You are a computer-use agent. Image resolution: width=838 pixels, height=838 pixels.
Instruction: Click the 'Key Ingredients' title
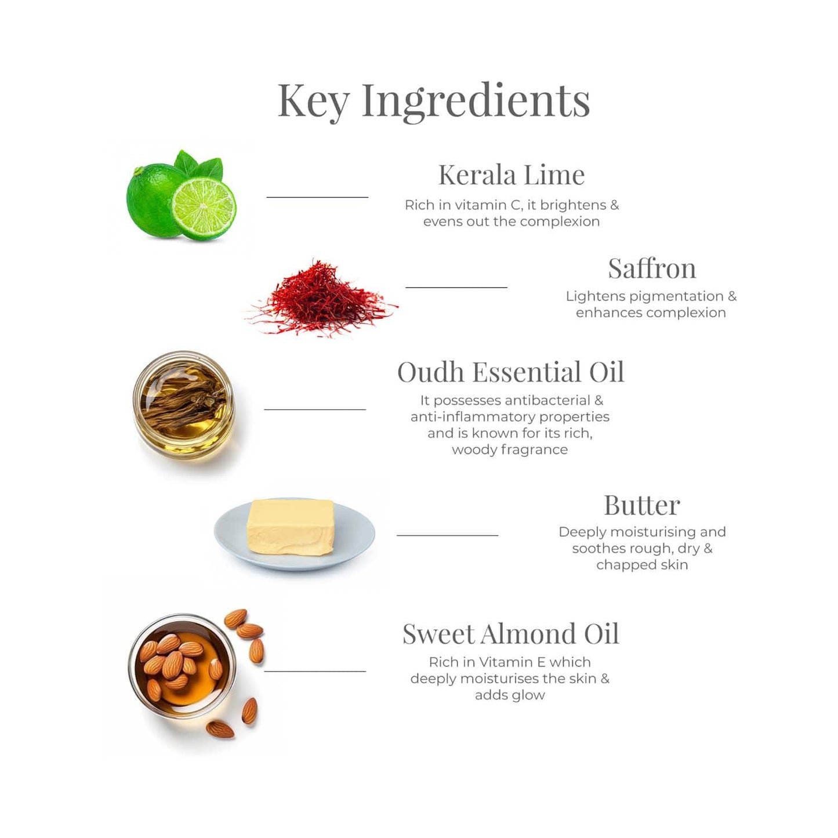pyautogui.click(x=434, y=101)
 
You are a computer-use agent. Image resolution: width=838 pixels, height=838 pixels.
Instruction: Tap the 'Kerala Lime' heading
pyautogui.click(x=511, y=175)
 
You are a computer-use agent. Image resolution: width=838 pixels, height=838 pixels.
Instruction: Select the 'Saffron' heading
pyautogui.click(x=652, y=268)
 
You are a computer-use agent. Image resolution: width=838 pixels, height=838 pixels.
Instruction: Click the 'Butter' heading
pyautogui.click(x=642, y=505)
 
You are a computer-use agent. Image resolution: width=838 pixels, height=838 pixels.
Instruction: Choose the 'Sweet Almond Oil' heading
pyautogui.click(x=510, y=634)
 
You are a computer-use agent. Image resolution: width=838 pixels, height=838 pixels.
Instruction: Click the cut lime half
pyautogui.click(x=204, y=209)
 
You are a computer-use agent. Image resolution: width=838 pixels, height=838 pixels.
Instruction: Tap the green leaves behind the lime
pyautogui.click(x=199, y=165)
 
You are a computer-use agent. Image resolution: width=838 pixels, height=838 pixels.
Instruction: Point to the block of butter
pyautogui.click(x=291, y=528)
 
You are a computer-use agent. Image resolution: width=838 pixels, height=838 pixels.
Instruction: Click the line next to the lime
pyautogui.click(x=317, y=197)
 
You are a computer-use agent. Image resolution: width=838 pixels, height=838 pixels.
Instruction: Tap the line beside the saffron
pyautogui.click(x=456, y=288)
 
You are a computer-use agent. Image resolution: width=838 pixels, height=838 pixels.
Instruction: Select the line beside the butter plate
pyautogui.click(x=448, y=535)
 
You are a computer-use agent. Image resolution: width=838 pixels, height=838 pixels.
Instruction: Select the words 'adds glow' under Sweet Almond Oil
pyautogui.click(x=510, y=695)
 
